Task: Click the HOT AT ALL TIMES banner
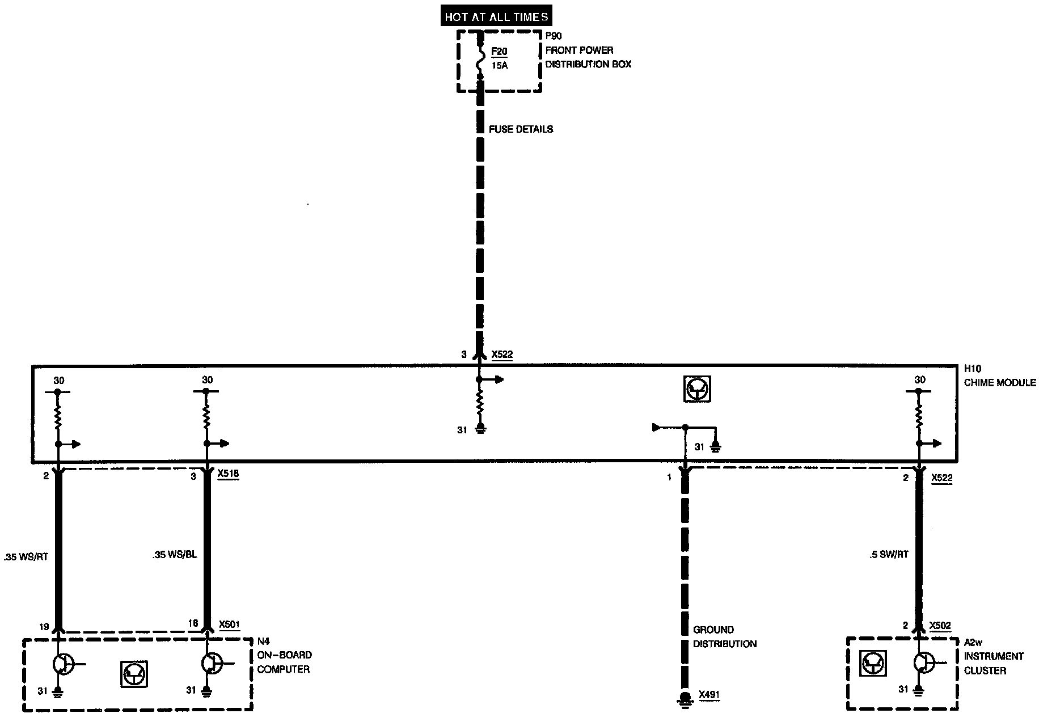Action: [x=496, y=17]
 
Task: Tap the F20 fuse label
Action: [x=499, y=52]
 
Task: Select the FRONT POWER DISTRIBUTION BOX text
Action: [x=588, y=57]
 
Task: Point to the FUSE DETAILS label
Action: [x=521, y=129]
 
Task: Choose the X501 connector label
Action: [x=229, y=624]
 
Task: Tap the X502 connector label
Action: [x=940, y=626]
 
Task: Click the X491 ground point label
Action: [x=709, y=695]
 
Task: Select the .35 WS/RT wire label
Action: [x=26, y=557]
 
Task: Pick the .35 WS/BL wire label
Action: [x=175, y=555]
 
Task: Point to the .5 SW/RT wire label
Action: [x=889, y=555]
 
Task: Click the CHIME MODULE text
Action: [x=1000, y=383]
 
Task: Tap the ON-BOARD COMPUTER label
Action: [x=284, y=662]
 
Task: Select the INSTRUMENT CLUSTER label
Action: [x=994, y=664]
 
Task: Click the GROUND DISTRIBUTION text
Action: [x=725, y=637]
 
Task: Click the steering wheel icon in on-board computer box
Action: [x=134, y=674]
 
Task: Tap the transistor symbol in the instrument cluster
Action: [x=923, y=662]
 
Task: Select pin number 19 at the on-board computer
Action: [x=44, y=627]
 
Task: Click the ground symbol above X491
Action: [x=685, y=699]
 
